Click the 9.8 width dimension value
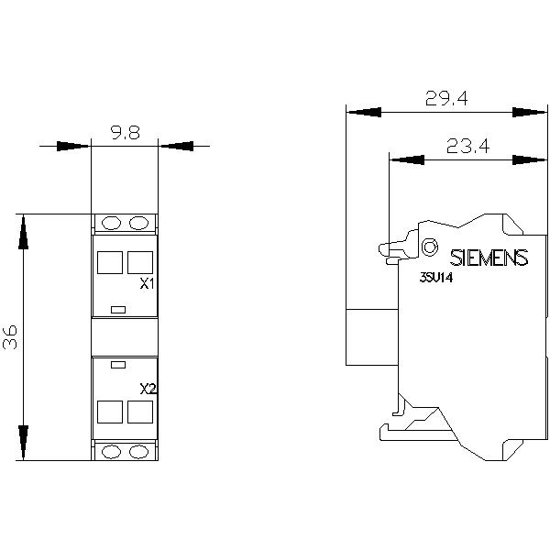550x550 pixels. click(126, 133)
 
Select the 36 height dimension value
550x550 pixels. click(10, 337)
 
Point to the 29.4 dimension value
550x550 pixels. click(446, 98)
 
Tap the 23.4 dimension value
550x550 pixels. click(467, 146)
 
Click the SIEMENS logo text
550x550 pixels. click(489, 258)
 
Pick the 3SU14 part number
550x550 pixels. click(436, 278)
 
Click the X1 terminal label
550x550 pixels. click(147, 284)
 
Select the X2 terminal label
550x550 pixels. click(148, 389)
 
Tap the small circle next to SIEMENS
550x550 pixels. click(429, 247)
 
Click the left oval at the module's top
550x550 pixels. click(111, 223)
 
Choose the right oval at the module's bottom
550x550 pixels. click(139, 452)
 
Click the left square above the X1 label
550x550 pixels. click(110, 262)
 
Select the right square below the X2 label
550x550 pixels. click(140, 412)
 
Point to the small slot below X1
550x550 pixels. click(118, 310)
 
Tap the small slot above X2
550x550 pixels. click(118, 365)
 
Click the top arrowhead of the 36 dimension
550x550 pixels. click(23, 232)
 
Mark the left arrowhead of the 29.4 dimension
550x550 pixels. click(364, 112)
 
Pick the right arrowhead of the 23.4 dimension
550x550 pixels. click(529, 159)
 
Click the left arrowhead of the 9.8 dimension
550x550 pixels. click(73, 146)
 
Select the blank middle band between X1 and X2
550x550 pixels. click(125, 337)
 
